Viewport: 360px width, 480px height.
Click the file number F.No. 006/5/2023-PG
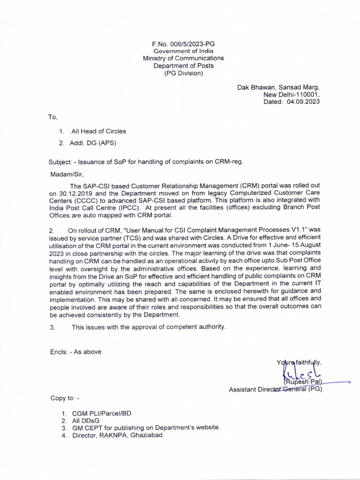click(x=183, y=43)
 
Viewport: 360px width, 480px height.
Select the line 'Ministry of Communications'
click(x=183, y=58)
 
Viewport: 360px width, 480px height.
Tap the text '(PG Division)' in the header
click(x=183, y=73)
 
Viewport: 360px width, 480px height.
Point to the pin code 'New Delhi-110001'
click(x=292, y=95)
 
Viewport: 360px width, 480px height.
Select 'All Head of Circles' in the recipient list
click(x=98, y=131)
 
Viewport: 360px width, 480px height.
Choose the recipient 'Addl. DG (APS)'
click(x=93, y=143)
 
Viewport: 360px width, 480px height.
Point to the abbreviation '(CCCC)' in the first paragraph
click(x=87, y=201)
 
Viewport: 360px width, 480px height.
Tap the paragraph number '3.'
click(x=52, y=327)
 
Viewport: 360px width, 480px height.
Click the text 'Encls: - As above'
click(x=75, y=352)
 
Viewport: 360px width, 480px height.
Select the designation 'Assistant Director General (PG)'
click(x=275, y=389)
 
